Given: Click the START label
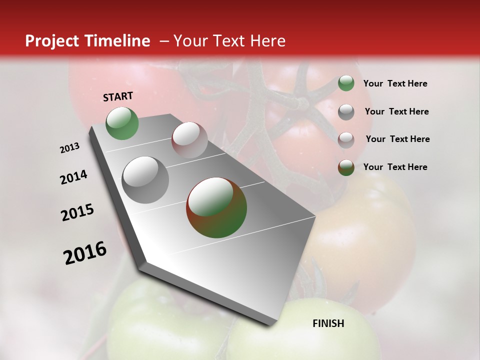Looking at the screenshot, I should point(118,96).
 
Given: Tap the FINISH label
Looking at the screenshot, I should point(328,323).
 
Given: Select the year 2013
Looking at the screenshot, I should point(69,148).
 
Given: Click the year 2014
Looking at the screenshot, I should point(73,177).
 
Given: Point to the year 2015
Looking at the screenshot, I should point(77,212).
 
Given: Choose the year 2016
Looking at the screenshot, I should point(85,253).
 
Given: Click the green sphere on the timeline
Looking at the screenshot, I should point(122,123).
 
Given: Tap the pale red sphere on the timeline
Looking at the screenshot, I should point(189,139).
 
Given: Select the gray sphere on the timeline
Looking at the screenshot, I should point(145,179).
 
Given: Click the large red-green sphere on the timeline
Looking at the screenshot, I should point(216,207).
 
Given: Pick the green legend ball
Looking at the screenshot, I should point(346,83).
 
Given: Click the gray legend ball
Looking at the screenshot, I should point(346,112).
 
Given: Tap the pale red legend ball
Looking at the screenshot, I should point(346,140).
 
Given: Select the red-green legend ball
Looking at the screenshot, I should point(346,167).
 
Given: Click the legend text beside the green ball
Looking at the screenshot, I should point(395,84).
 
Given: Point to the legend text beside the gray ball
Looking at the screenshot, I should point(396,111).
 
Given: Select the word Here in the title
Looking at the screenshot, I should point(267,41).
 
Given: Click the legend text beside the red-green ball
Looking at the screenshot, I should point(395,167).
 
